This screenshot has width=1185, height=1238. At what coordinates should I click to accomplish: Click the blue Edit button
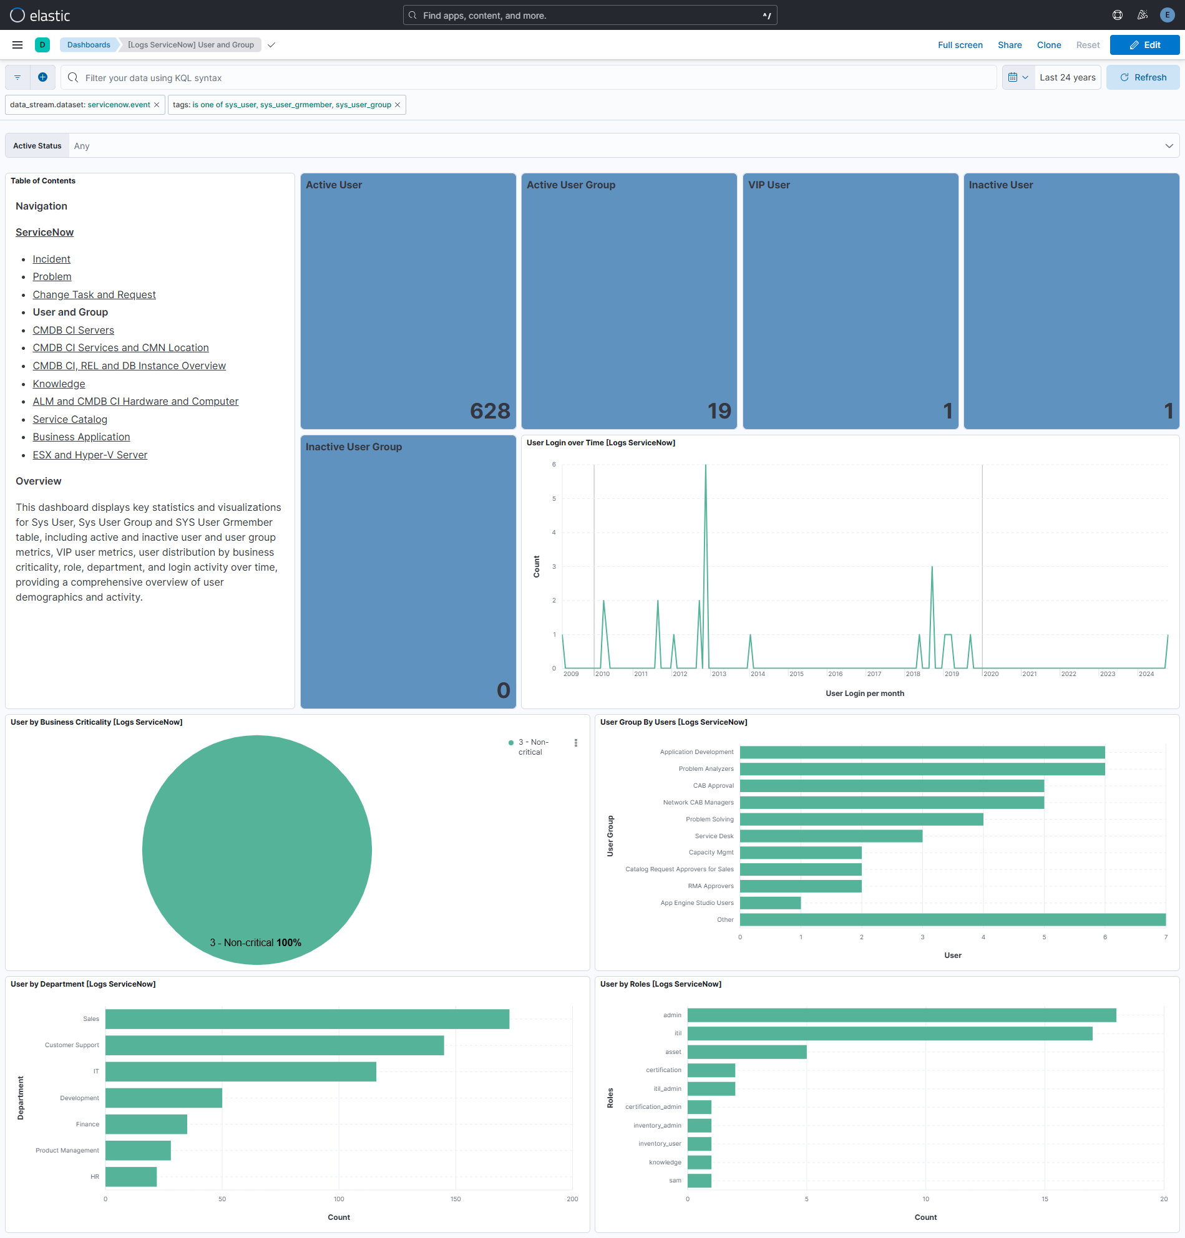click(x=1144, y=45)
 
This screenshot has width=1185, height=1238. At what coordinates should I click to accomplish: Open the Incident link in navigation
click(x=51, y=259)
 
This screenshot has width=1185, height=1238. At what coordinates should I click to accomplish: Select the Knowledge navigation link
click(x=59, y=384)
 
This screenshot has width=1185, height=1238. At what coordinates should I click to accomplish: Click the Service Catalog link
click(x=69, y=419)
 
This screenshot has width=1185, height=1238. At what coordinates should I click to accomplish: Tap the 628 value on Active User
click(x=490, y=411)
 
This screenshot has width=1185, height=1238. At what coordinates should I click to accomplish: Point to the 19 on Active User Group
click(x=719, y=411)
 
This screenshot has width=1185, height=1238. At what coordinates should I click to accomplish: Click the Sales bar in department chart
click(x=307, y=1019)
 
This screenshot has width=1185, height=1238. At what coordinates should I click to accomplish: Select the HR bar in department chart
click(x=131, y=1177)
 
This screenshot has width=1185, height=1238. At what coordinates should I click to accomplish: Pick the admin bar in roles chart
click(x=901, y=1015)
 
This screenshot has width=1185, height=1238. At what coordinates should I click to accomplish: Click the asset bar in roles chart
click(x=746, y=1052)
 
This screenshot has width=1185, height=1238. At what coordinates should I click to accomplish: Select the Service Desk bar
click(x=831, y=836)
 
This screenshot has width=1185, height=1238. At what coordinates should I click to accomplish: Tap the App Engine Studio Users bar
click(x=770, y=903)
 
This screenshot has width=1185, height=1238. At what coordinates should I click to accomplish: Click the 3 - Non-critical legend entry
click(x=532, y=747)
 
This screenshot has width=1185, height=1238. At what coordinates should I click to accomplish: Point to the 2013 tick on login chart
click(x=719, y=674)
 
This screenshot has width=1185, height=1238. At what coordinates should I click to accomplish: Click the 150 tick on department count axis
click(x=456, y=1199)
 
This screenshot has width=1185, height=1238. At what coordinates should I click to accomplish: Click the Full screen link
click(x=960, y=45)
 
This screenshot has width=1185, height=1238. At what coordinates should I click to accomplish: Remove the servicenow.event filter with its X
click(x=157, y=105)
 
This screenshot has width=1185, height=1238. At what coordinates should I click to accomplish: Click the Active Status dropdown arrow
click(x=1169, y=146)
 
